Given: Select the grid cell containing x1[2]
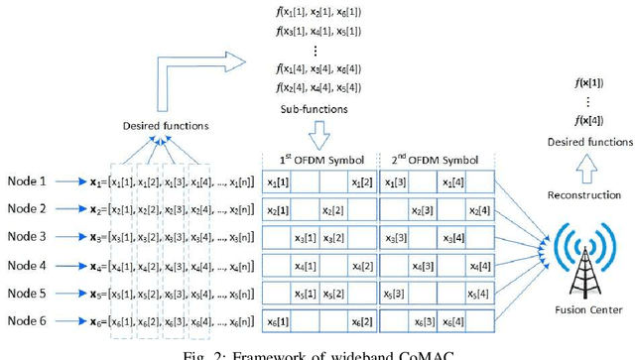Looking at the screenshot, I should point(360,182).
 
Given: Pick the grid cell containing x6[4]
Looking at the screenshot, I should point(480,322).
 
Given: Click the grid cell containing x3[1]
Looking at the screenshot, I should point(305,238).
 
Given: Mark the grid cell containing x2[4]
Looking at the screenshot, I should point(480,210).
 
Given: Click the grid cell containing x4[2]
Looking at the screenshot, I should point(360,266).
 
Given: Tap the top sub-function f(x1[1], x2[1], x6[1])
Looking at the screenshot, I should point(318,11).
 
